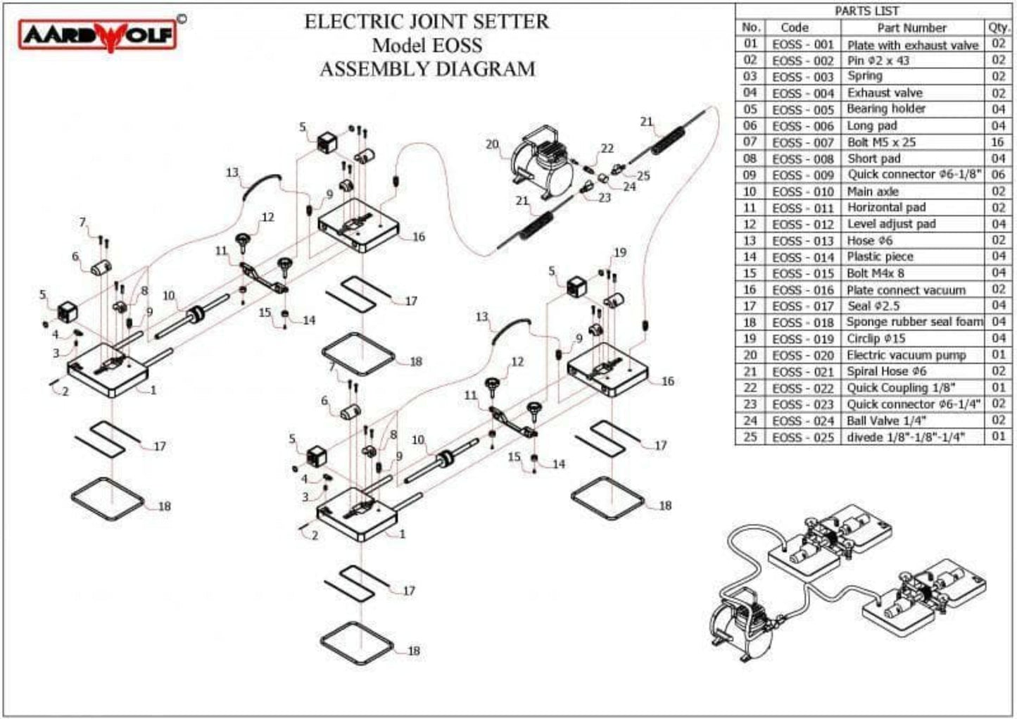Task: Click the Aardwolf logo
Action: (x=98, y=35)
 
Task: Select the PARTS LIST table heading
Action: (x=866, y=11)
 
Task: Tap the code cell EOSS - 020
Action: (x=802, y=356)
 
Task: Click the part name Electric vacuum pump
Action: (x=906, y=355)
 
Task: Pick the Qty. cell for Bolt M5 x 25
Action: (x=998, y=142)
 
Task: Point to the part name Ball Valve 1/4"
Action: (x=886, y=420)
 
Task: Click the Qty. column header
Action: (x=998, y=27)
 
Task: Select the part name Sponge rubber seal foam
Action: (x=914, y=322)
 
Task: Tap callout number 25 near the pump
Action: (x=643, y=175)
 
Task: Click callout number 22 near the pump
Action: (x=607, y=149)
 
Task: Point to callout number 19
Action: (x=619, y=253)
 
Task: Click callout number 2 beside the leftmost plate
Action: (x=65, y=392)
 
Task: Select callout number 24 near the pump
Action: (x=629, y=187)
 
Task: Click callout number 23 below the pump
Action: (x=605, y=199)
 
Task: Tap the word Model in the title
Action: (x=398, y=46)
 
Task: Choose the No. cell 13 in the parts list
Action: (x=750, y=240)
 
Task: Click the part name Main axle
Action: (x=873, y=192)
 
